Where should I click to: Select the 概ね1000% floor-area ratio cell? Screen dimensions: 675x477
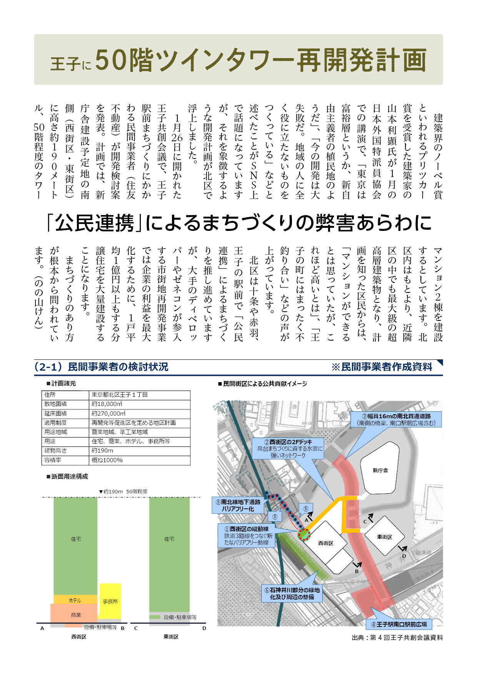coord(107,460)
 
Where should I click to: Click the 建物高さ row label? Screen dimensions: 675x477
coord(56,451)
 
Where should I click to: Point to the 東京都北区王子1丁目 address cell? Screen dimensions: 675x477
coord(120,395)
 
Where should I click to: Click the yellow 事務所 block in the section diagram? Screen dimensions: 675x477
coord(110,601)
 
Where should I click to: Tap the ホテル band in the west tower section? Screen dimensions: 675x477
coord(75,600)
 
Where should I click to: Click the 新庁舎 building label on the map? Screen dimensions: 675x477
coord(380,470)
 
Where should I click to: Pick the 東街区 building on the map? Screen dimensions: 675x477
coord(384,537)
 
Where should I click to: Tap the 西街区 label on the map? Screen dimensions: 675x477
coord(325,543)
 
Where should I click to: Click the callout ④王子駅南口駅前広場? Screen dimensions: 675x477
coord(399,624)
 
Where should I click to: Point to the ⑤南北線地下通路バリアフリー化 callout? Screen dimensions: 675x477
coord(238,505)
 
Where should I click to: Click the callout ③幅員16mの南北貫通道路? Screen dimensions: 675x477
coord(396,419)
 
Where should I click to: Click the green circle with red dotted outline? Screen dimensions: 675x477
coord(304,534)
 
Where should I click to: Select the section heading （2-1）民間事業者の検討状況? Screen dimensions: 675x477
coord(101,367)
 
